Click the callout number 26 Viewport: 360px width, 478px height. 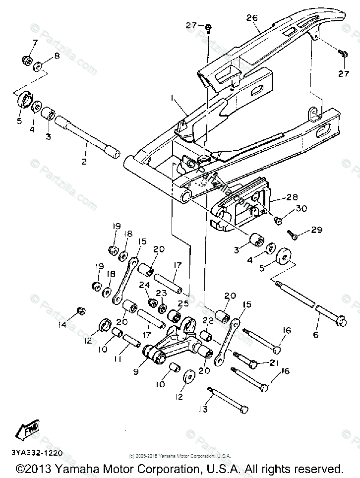(252, 18)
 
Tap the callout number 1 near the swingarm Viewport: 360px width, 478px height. (172, 99)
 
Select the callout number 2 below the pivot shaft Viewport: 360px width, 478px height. (84, 162)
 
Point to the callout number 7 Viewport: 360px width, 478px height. (35, 43)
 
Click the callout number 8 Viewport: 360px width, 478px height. (56, 56)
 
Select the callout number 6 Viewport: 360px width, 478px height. (315, 335)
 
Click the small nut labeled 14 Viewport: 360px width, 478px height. (79, 311)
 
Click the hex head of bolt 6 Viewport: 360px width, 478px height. (341, 323)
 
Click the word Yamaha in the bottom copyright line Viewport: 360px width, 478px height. (77, 468)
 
